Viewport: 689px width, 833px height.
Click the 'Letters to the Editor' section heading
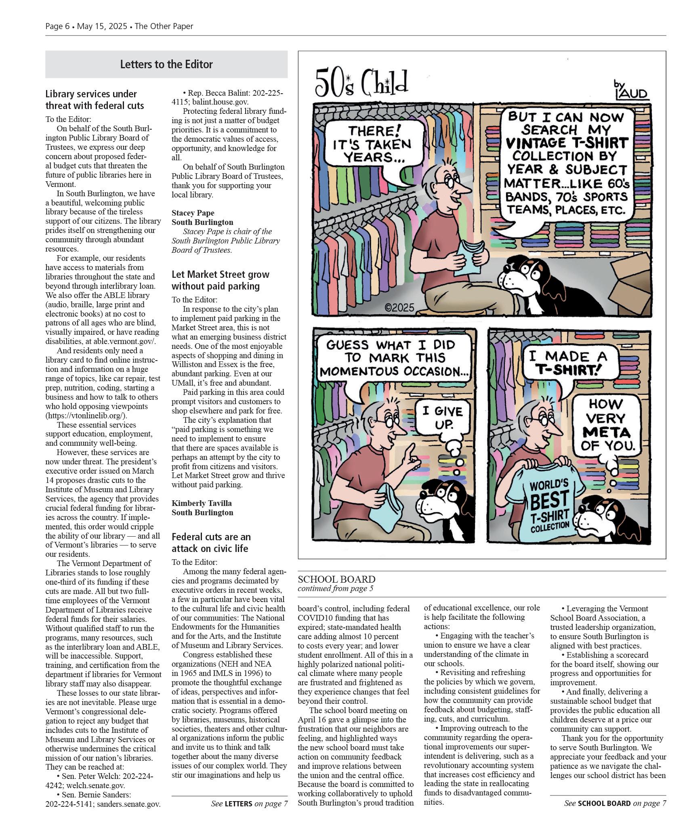[166, 64]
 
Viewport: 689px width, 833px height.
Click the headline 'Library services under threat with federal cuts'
[95, 100]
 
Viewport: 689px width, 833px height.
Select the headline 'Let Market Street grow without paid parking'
[220, 280]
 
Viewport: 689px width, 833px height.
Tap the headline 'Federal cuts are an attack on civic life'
[211, 542]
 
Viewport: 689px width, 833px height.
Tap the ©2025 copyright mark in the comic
[399, 308]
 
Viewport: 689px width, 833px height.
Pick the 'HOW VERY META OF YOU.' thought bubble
[606, 424]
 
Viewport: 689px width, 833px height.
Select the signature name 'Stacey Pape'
[193, 213]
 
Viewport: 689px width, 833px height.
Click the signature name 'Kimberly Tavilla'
[202, 503]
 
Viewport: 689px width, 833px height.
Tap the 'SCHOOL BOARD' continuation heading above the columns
[336, 579]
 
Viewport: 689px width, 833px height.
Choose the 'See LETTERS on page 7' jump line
[249, 804]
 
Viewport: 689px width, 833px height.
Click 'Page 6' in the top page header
[57, 26]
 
